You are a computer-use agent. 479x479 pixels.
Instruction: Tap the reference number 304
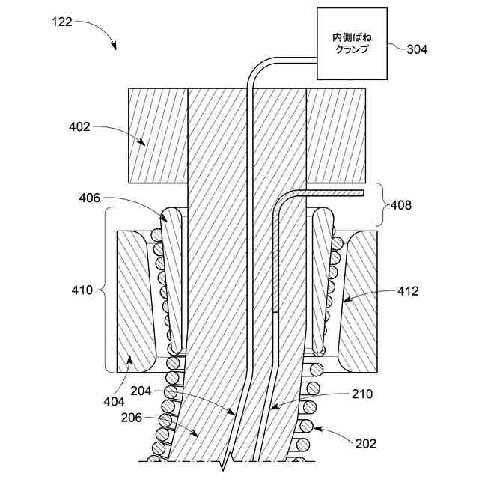point(418,50)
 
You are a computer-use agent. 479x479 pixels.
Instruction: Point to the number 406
point(90,198)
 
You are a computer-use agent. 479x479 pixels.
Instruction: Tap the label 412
point(409,290)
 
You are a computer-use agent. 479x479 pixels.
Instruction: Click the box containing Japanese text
point(350,43)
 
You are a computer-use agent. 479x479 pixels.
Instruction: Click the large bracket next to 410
point(109,290)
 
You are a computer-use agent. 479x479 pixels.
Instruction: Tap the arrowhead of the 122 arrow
point(115,46)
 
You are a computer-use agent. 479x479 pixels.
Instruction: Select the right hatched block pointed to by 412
point(358,299)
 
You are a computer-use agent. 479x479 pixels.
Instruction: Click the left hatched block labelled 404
point(135,299)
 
